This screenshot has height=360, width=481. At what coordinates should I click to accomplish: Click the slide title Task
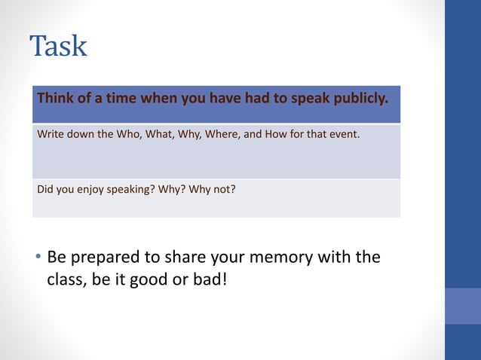pyautogui.click(x=59, y=46)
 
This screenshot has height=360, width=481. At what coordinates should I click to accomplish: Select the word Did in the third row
pyautogui.click(x=46, y=189)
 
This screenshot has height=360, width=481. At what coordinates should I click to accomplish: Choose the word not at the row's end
pyautogui.click(x=225, y=189)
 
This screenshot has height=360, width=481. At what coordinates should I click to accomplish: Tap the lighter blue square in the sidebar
pyautogui.click(x=463, y=306)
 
